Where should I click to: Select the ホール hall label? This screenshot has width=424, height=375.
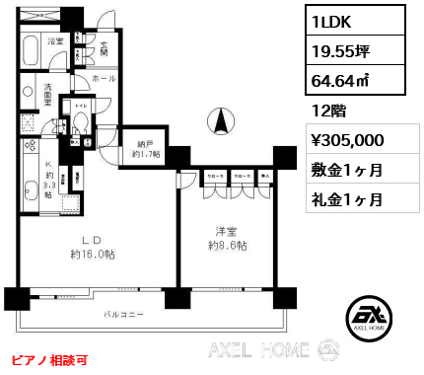[104, 75]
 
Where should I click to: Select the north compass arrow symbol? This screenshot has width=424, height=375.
[221, 123]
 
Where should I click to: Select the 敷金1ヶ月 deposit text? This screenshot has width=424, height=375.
[347, 170]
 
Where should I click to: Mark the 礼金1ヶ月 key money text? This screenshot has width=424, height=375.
[347, 198]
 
